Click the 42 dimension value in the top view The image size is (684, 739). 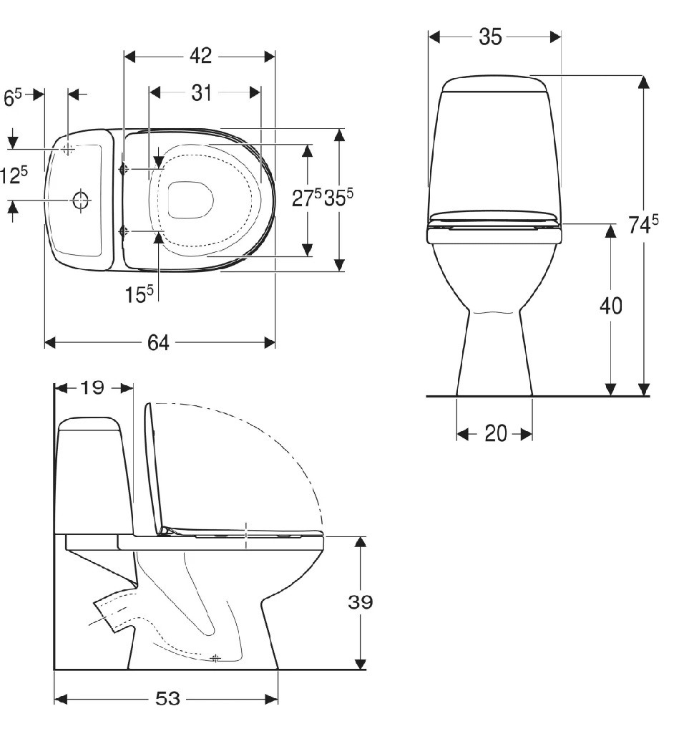201,57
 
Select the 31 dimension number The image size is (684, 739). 201,92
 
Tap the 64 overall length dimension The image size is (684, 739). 158,343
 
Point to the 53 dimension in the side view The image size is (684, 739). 167,699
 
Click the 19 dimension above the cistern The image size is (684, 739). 92,388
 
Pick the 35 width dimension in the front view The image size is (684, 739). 491,37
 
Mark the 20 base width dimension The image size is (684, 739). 495,434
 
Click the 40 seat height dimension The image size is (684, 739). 610,306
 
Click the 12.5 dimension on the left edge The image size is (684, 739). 14,175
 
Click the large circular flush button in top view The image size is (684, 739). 81,201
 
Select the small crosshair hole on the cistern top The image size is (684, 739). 69,149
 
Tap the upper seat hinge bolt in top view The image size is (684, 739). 124,169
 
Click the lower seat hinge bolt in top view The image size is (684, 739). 124,231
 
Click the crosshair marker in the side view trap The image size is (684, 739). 216,657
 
